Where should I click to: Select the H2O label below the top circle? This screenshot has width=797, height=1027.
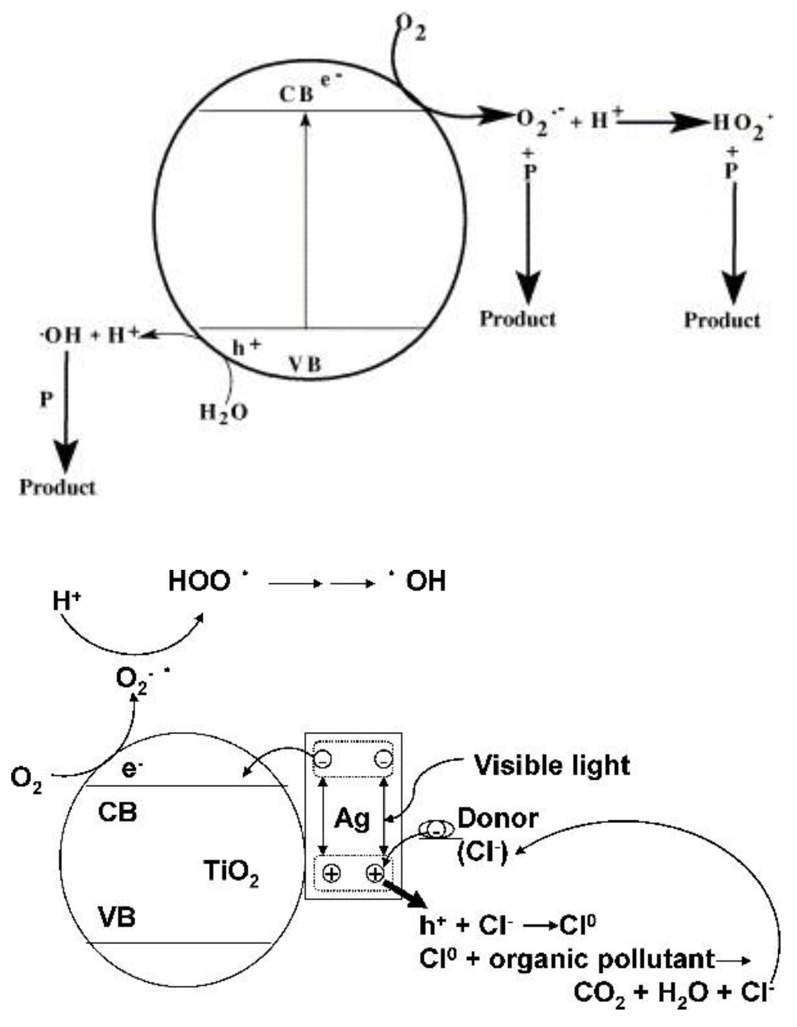click(x=223, y=413)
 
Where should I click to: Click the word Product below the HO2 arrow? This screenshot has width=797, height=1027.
click(x=722, y=320)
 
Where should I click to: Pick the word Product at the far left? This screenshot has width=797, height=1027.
click(x=58, y=487)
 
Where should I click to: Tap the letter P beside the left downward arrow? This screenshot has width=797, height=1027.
click(x=46, y=400)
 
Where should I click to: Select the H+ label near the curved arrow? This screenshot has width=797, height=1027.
click(x=66, y=602)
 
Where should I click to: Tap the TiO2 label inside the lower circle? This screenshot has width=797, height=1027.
click(x=231, y=871)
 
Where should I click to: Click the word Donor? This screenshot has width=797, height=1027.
click(x=498, y=819)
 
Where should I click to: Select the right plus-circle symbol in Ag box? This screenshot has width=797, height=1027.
click(x=375, y=873)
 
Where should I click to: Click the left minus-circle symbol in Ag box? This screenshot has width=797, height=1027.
click(x=323, y=759)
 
